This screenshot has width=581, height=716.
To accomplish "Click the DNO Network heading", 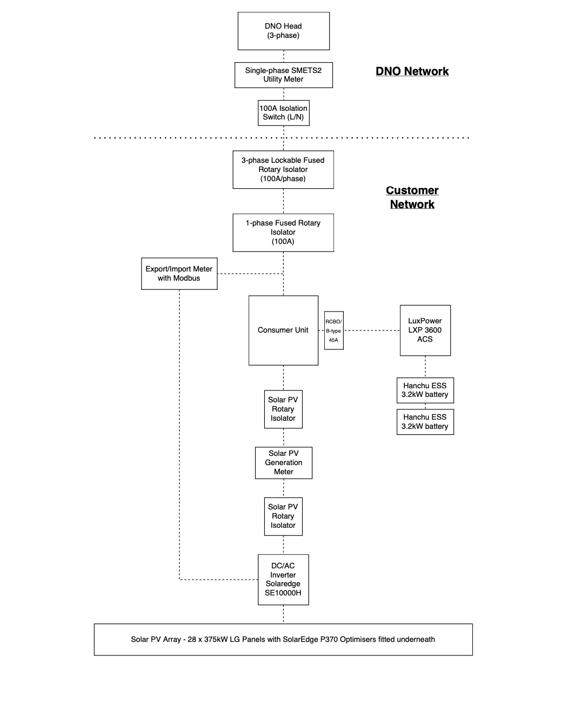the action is pyautogui.click(x=412, y=71).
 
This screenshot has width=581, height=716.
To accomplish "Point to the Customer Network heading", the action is pyautogui.click(x=412, y=197).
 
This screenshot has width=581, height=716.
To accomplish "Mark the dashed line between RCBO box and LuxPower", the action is pyautogui.click(x=371, y=330).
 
